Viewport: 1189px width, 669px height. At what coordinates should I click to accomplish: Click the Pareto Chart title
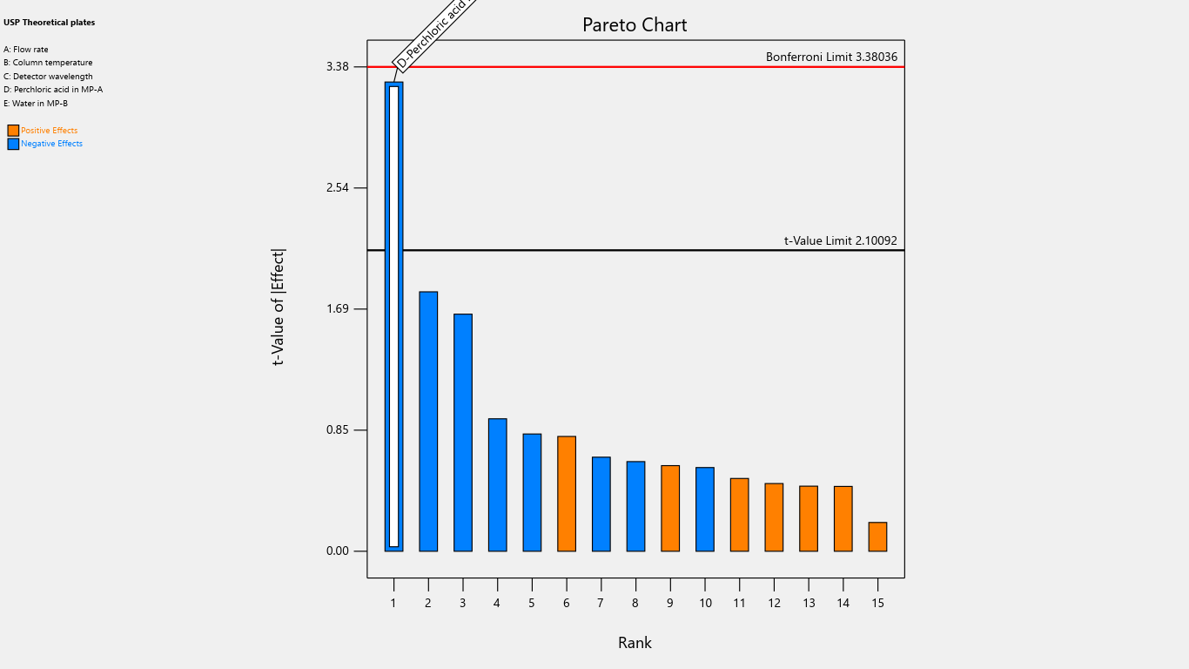point(635,25)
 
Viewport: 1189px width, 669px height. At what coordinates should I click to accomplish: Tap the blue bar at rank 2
point(428,422)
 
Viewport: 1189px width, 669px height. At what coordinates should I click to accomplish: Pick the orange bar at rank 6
point(567,494)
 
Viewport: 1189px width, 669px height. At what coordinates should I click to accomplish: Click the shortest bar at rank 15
point(877,537)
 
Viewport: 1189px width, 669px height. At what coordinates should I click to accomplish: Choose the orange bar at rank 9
point(670,509)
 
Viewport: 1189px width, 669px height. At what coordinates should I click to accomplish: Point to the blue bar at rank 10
point(705,510)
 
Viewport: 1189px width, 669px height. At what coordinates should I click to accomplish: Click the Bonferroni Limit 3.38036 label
point(831,57)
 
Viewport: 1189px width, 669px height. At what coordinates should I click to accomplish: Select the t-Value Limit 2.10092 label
point(840,240)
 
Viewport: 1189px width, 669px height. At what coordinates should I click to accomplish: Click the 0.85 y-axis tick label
point(337,430)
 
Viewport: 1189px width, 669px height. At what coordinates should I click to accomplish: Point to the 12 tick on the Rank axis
point(774,603)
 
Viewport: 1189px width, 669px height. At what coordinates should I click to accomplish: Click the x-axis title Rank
point(635,643)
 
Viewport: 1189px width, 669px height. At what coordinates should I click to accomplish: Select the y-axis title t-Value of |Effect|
point(279,307)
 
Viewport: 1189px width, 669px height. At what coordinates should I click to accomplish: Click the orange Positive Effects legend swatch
point(13,131)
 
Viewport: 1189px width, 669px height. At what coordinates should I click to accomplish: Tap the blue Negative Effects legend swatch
point(13,144)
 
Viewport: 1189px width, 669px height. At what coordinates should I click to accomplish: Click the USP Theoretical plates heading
point(50,23)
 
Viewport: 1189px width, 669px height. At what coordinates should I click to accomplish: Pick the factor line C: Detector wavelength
point(48,77)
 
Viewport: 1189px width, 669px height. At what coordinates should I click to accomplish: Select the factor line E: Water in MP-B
point(36,104)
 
